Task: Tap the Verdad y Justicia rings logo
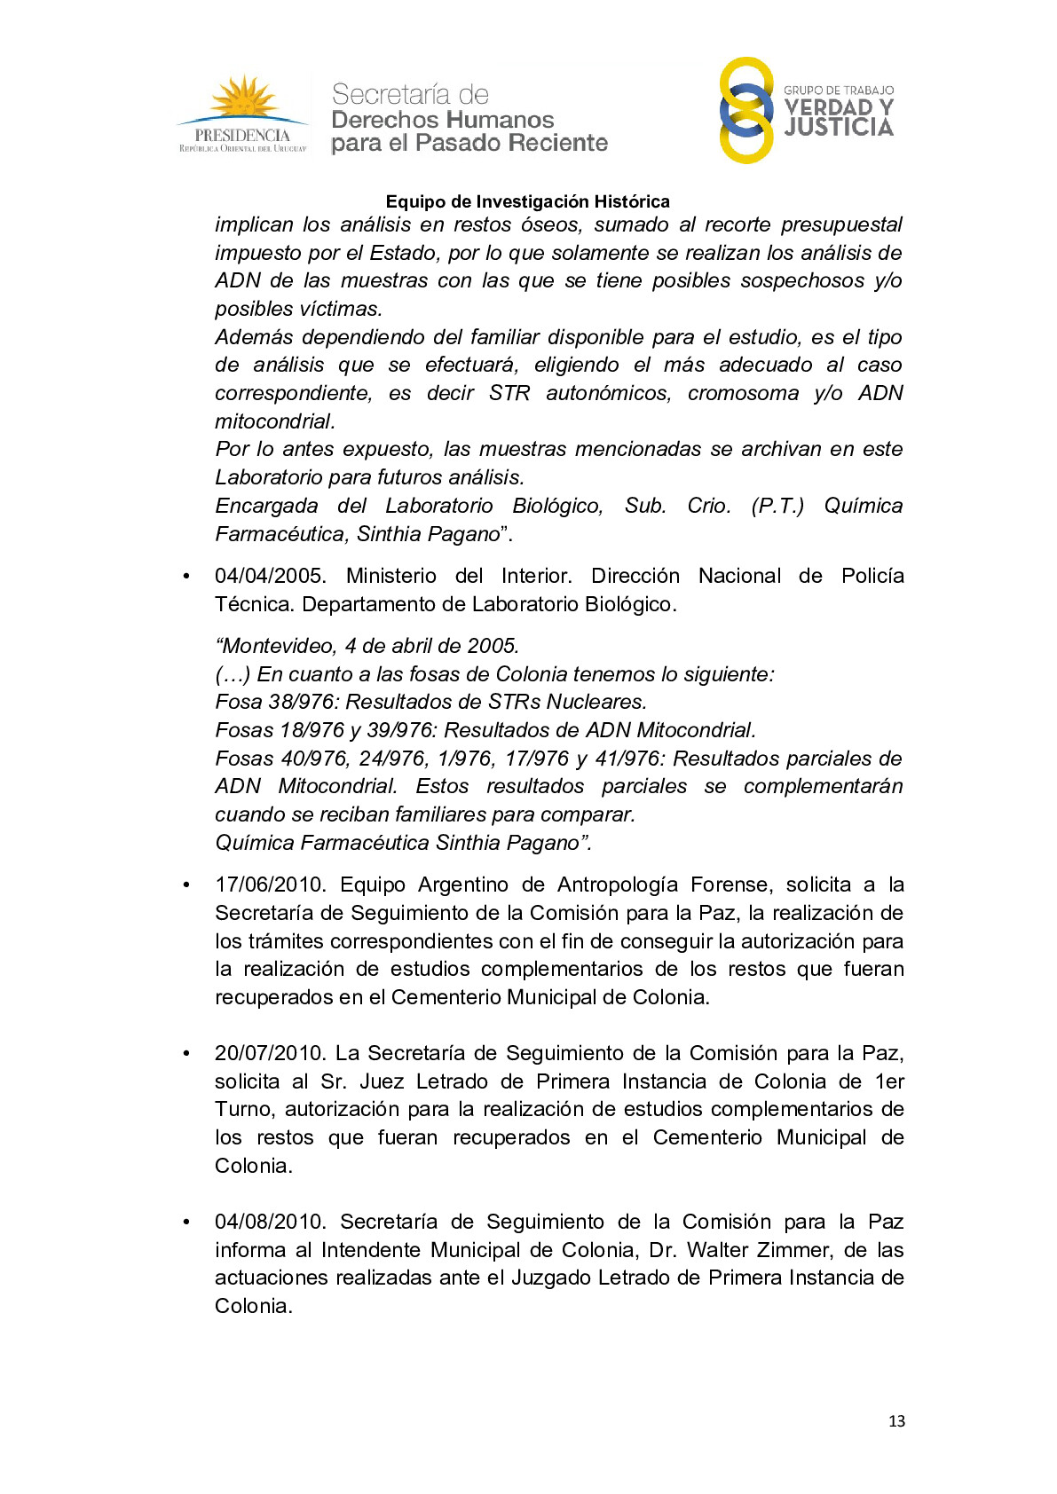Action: (x=746, y=110)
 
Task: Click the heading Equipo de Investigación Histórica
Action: (x=527, y=201)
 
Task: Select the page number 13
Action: (x=896, y=1420)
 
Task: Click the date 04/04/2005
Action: (x=270, y=576)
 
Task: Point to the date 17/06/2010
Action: (x=270, y=885)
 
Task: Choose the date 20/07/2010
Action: (x=270, y=1053)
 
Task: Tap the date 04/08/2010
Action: (x=270, y=1222)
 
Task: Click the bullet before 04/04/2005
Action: (x=186, y=577)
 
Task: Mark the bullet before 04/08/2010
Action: (x=186, y=1223)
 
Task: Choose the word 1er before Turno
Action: (x=889, y=1081)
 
